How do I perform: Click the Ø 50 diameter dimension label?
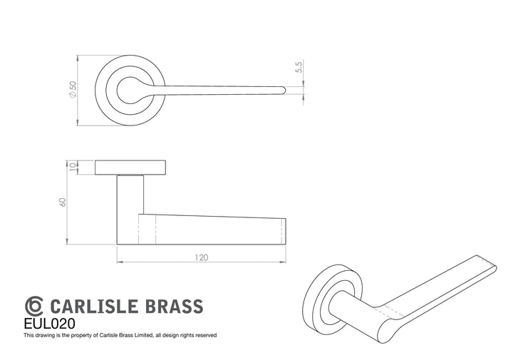pos(73,89)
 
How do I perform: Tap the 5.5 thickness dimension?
pos(299,67)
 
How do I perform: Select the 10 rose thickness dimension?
pos(73,167)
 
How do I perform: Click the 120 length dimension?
pos(202,257)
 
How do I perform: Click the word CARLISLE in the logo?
pos(93,307)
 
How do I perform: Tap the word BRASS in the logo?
pos(174,307)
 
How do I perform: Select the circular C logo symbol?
pos(33,306)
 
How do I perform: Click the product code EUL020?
pos(49,324)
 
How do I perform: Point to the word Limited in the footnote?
pos(143,335)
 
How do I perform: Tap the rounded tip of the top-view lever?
pos(284,91)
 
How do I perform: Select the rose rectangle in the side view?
pos(130,168)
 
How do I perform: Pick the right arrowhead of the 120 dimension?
pos(283,262)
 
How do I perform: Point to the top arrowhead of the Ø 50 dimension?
pos(78,58)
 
